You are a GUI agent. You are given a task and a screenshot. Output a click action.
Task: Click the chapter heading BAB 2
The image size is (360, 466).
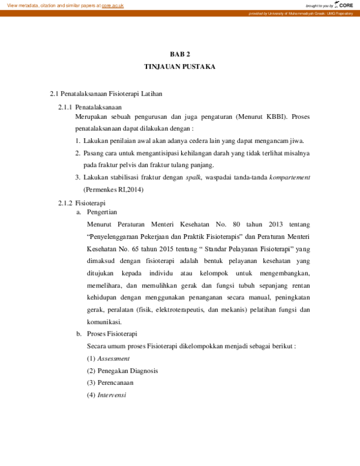coord(179,54)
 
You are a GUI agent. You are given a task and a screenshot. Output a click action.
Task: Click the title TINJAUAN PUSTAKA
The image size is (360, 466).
coord(179,66)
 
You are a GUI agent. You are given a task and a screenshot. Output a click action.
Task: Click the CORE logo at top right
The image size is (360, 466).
coord(345,5)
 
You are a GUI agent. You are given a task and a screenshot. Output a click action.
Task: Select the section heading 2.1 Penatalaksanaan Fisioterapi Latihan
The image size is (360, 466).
coord(106,94)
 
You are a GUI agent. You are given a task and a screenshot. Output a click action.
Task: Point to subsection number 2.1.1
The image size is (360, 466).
coord(65,107)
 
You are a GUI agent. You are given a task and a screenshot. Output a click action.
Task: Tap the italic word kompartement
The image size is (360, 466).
coord(289,177)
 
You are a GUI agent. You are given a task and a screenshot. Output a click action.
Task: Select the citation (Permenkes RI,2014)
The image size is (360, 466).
coord(113,189)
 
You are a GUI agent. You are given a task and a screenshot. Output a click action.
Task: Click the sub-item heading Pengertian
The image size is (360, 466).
coord(102,213)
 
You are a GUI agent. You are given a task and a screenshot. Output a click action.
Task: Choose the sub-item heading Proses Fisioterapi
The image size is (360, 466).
coord(112,334)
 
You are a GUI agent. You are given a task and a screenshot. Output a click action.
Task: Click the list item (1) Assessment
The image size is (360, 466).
coord(108,359)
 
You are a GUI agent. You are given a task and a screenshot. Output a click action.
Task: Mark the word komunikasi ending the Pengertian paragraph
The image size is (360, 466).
coord(104,321)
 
